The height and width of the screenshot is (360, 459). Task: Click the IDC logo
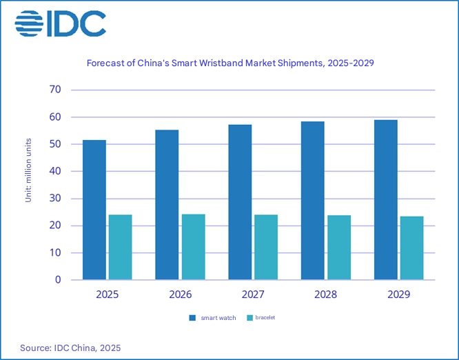pos(61,23)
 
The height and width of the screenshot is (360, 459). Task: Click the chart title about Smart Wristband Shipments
pos(229,63)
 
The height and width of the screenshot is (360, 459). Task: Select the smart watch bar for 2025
pos(94,210)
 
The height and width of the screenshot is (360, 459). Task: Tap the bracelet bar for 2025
pos(120,247)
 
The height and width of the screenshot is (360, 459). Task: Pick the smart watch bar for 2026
pos(167,205)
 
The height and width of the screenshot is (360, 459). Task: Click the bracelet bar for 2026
pos(193,247)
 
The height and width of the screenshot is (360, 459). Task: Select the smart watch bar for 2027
pos(240,202)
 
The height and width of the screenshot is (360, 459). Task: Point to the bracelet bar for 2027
pos(266,247)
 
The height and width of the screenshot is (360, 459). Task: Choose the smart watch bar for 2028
pos(313,201)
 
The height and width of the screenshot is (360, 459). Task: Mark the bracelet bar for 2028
pos(339,248)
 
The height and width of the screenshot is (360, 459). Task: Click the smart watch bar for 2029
pos(385,200)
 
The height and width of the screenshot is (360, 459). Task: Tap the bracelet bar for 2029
pos(411,248)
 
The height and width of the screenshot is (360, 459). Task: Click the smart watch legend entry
pos(213,318)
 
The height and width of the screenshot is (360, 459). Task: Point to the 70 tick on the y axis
pos(55,90)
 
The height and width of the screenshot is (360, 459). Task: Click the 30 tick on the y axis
pos(55,199)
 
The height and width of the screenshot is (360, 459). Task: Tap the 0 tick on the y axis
pos(58,280)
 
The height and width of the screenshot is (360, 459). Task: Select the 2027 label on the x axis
pos(253,294)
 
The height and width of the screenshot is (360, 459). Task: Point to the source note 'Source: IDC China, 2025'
pos(70,348)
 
